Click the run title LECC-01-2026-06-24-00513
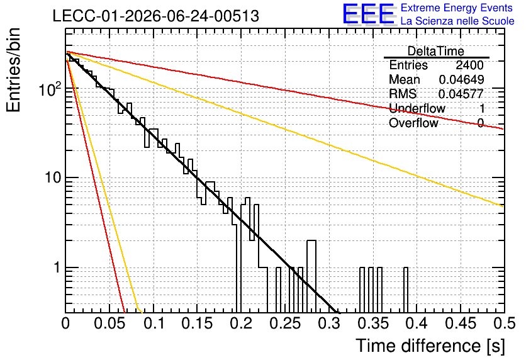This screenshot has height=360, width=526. [155, 16]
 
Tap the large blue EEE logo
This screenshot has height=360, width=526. [368, 14]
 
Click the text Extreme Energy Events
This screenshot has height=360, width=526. [457, 8]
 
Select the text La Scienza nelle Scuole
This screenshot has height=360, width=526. [457, 21]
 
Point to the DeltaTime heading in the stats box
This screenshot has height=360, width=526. [436, 51]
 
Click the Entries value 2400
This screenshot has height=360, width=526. [469, 65]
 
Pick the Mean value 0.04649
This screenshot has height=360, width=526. [461, 79]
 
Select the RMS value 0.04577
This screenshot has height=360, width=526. [461, 94]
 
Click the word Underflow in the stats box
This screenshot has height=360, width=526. [417, 108]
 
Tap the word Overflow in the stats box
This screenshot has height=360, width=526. [413, 123]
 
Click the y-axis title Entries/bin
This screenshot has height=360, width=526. [13, 70]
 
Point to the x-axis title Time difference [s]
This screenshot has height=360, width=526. [430, 346]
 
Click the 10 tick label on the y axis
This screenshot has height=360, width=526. [53, 178]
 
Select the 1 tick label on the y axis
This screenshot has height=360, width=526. [57, 267]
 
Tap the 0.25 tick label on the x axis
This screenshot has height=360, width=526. [285, 323]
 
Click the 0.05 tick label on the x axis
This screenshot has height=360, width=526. [109, 323]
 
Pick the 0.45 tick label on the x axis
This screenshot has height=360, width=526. [461, 323]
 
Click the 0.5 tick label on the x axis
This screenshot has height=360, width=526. [503, 323]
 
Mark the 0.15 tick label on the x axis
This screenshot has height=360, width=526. [198, 323]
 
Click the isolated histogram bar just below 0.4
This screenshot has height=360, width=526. [406, 290]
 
